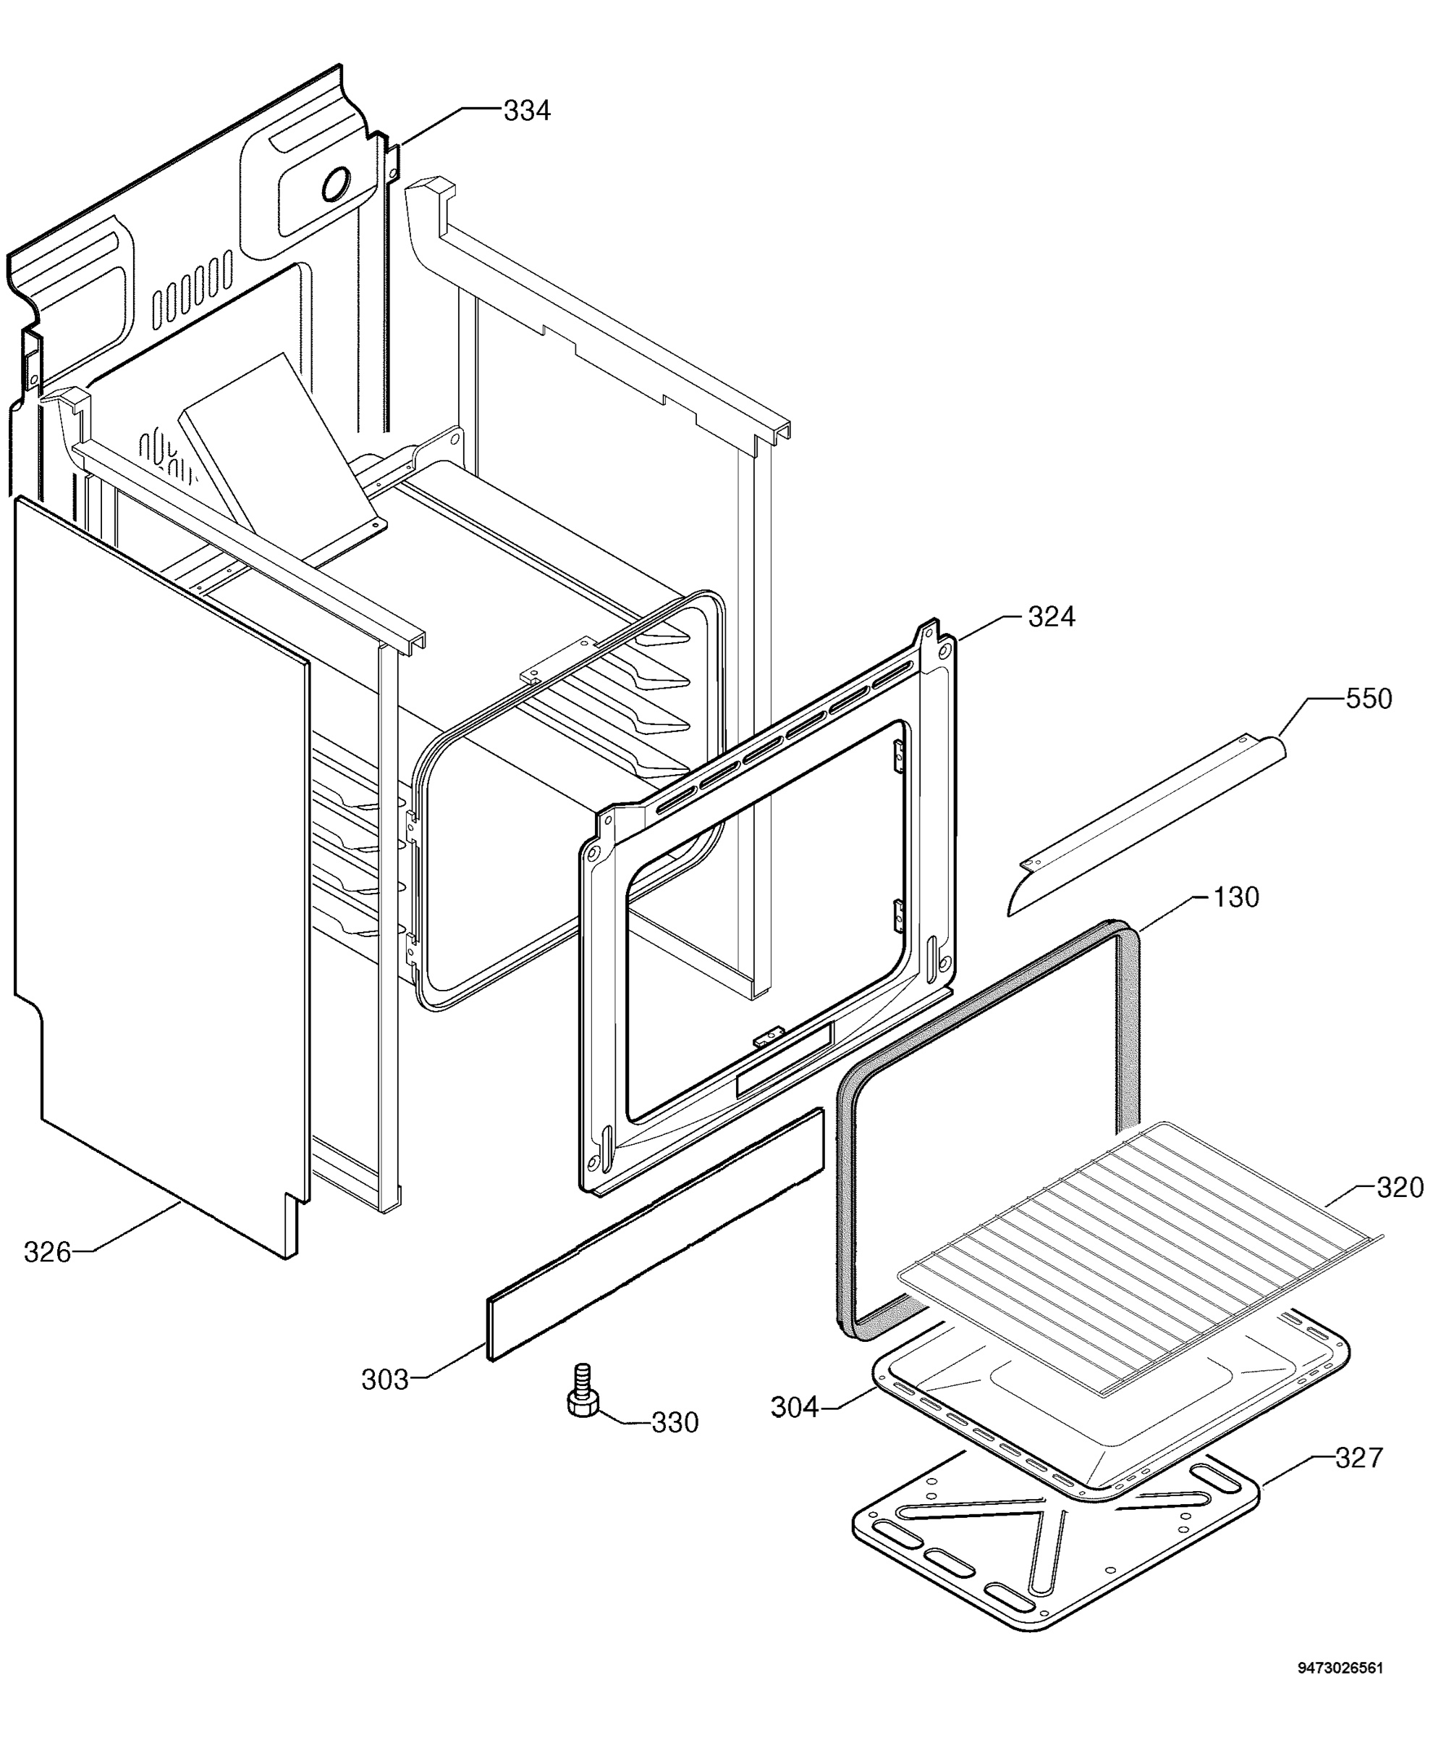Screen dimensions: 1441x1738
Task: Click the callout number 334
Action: (x=527, y=111)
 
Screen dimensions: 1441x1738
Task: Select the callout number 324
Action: (x=1052, y=616)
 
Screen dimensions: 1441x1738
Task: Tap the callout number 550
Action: (x=1369, y=699)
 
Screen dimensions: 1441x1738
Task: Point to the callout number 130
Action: (x=1236, y=897)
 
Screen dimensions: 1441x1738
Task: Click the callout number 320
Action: (x=1400, y=1188)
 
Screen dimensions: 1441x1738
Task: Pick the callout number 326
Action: (x=47, y=1252)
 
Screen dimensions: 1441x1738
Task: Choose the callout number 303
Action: (x=384, y=1380)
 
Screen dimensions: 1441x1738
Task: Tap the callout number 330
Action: (x=675, y=1423)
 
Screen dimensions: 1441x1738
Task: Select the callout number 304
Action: (x=794, y=1407)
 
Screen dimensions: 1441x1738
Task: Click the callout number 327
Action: (x=1359, y=1458)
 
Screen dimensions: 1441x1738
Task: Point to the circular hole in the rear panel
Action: (x=336, y=185)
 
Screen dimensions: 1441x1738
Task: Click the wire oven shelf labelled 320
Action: (x=1141, y=1256)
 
